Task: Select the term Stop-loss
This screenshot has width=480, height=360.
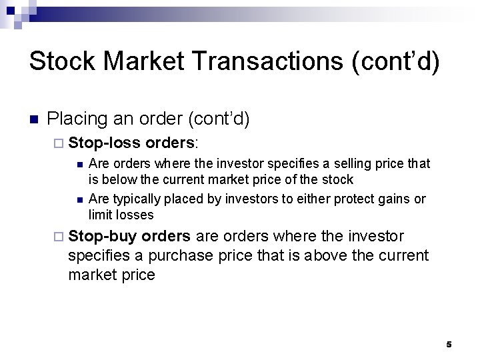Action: (x=104, y=143)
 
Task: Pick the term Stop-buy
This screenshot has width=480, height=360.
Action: (x=103, y=236)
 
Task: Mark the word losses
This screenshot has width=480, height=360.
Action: (x=135, y=215)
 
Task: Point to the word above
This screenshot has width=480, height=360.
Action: (x=317, y=255)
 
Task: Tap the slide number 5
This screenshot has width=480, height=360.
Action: (x=449, y=344)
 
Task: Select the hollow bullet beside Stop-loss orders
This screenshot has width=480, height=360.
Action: (x=59, y=143)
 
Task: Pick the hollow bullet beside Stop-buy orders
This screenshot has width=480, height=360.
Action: (x=59, y=237)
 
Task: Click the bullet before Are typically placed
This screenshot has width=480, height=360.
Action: (x=79, y=199)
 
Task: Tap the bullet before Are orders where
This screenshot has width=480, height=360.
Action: (x=79, y=164)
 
